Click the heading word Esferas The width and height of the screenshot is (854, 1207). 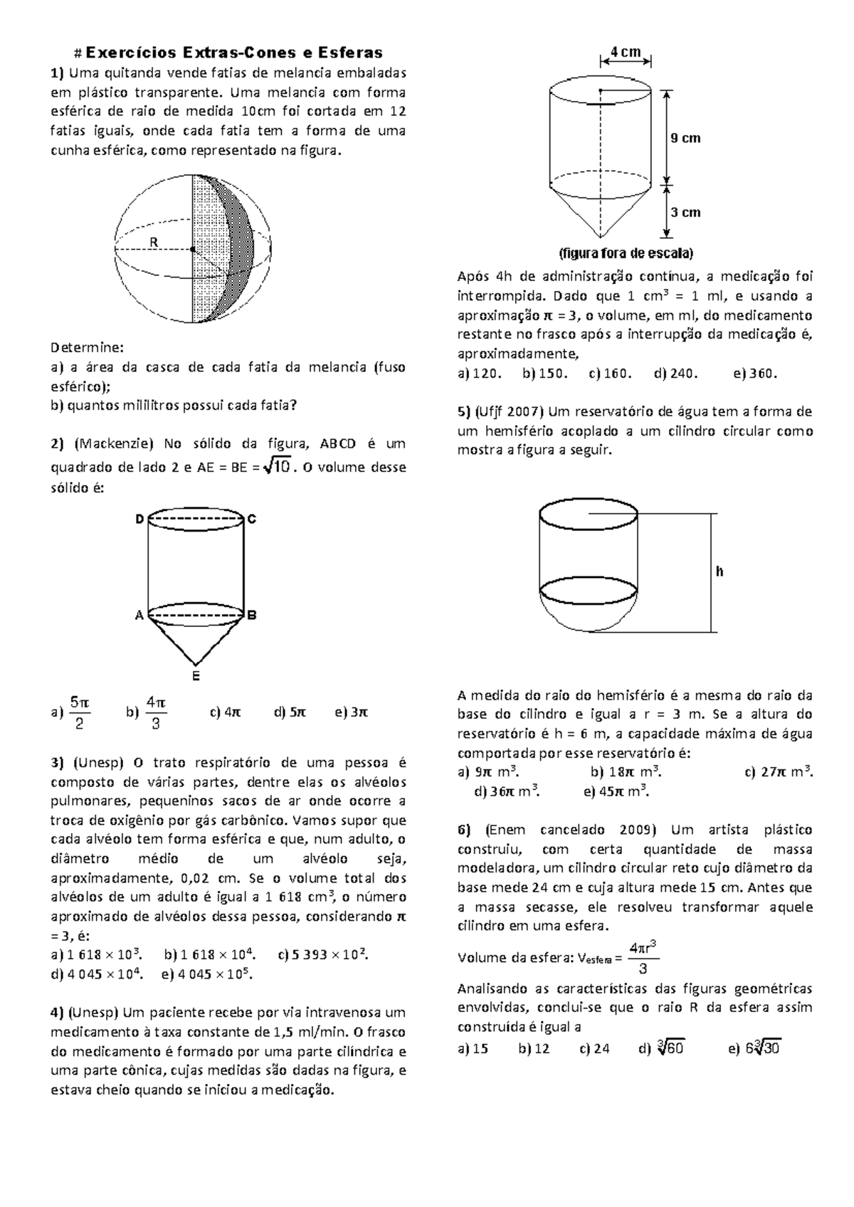click(351, 52)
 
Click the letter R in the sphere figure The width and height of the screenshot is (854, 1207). click(153, 242)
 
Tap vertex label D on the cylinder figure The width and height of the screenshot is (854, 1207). click(139, 520)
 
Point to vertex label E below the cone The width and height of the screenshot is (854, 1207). click(196, 676)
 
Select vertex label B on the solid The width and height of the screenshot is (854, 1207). click(252, 615)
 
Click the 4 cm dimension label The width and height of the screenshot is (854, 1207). click(626, 52)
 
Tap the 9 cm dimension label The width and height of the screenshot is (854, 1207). click(685, 138)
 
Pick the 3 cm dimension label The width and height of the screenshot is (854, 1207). click(685, 212)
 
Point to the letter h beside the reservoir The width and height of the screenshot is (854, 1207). click(719, 571)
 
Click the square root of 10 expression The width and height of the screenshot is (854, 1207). click(277, 467)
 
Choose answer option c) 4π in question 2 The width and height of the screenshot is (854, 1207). click(226, 712)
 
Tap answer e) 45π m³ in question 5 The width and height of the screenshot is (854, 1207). click(615, 791)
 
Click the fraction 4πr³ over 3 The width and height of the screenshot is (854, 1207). click(642, 957)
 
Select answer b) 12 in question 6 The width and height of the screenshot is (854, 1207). click(534, 1048)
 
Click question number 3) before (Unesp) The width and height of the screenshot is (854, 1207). click(58, 763)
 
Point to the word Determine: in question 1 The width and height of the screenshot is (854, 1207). click(87, 348)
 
